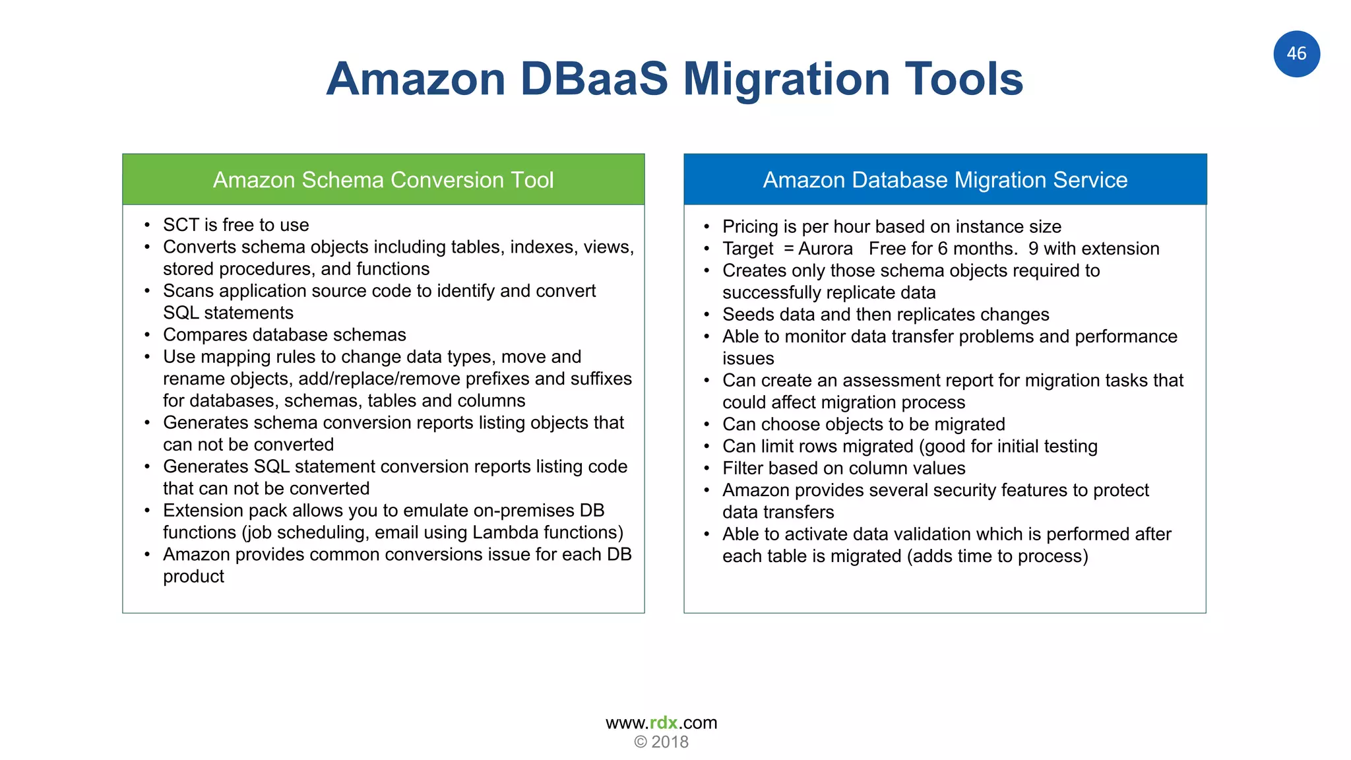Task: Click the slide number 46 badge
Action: pyautogui.click(x=1296, y=53)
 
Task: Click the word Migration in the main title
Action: pyautogui.click(x=787, y=79)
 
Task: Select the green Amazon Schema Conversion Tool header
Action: pyautogui.click(x=383, y=179)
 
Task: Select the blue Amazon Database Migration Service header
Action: pyautogui.click(x=945, y=179)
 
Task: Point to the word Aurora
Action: pyautogui.click(x=825, y=249)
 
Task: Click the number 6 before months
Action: pyautogui.click(x=943, y=249)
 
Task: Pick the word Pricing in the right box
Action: pyautogui.click(x=750, y=227)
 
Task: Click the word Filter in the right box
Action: pyautogui.click(x=742, y=468)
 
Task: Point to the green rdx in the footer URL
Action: pyautogui.click(x=664, y=723)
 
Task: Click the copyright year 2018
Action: pyautogui.click(x=670, y=742)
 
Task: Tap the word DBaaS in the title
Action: pyautogui.click(x=594, y=79)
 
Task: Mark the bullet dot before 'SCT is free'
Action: pyautogui.click(x=147, y=226)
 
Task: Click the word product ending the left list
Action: pyautogui.click(x=193, y=577)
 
